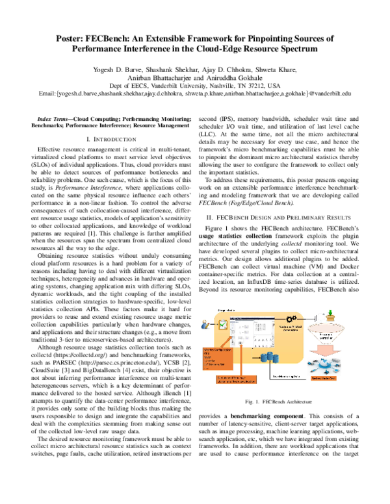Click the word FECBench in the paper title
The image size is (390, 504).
(x=110, y=40)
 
